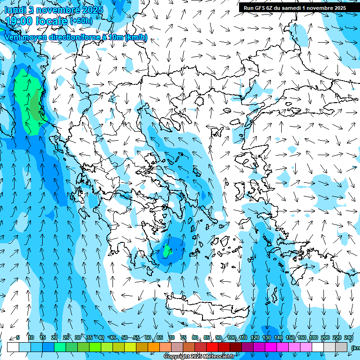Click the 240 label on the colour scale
tap(348, 337)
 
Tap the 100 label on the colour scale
tap(231, 337)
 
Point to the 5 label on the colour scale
tap(18, 337)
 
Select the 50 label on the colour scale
tap(125, 337)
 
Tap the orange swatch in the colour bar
tap(154, 347)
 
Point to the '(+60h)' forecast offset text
tap(81, 21)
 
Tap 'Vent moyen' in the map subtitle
tap(23, 37)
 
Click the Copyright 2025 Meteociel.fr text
tap(199, 357)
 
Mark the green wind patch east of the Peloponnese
tap(168, 252)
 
